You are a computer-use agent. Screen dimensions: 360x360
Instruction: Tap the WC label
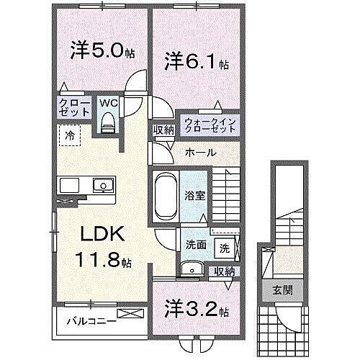coord(108,104)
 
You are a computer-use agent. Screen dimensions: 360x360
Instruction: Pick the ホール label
coord(199,152)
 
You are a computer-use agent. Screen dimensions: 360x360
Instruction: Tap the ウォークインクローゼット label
coord(209,125)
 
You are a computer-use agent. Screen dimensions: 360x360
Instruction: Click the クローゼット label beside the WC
coord(75,108)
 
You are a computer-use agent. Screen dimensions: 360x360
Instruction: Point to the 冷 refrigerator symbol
coord(71,133)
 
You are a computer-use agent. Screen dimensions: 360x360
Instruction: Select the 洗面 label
coord(196,244)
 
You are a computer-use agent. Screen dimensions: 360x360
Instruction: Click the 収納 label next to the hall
coord(163,130)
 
